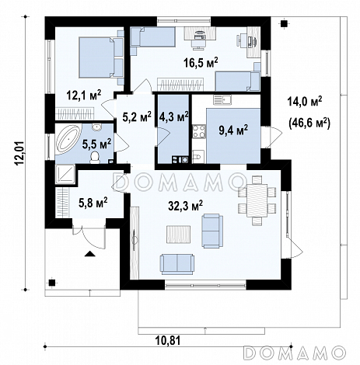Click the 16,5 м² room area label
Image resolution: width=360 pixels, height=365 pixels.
[201, 63]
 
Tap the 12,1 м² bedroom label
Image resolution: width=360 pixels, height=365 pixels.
[84, 96]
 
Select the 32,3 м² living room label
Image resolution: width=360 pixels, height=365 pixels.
[185, 206]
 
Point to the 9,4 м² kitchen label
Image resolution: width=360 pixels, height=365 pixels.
[233, 130]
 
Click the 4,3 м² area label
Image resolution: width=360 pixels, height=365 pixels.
[173, 117]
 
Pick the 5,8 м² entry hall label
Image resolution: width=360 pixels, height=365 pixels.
[93, 203]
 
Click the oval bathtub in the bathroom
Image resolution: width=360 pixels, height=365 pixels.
[68, 140]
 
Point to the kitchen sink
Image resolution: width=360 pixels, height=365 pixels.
[222, 99]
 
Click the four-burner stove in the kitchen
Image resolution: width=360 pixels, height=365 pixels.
[199, 131]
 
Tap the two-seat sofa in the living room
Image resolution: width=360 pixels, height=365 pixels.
[177, 264]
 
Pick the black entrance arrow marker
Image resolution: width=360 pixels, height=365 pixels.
[89, 253]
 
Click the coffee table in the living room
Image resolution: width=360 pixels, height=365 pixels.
[179, 235]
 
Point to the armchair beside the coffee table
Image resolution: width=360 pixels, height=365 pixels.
[212, 231]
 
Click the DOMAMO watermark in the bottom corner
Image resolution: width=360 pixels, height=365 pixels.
[295, 353]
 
